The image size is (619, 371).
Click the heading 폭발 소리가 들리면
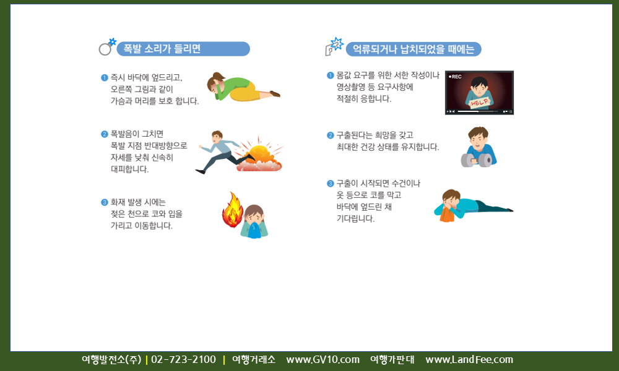point(162,49)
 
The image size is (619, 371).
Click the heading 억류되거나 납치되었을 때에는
point(413,49)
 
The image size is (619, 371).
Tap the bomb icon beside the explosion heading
point(107,47)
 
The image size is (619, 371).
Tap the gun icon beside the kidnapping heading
point(334,46)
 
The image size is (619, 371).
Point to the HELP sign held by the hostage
point(479,103)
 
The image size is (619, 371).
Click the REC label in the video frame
point(455,77)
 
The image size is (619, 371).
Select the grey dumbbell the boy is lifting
point(476,160)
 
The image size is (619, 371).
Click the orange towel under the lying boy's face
point(446,215)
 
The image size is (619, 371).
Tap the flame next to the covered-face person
point(233,210)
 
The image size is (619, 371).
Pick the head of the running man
point(217,137)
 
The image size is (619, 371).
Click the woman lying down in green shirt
point(243,87)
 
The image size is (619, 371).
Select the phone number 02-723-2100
point(184,360)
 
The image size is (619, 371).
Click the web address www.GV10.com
point(323,360)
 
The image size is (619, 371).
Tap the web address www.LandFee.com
point(469,360)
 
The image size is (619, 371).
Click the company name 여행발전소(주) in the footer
point(111,360)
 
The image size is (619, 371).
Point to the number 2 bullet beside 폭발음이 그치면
point(104,134)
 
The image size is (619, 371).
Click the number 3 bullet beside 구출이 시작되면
point(331,183)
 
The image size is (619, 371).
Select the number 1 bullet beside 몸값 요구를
point(331,75)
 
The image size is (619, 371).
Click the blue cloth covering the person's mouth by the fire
point(254,231)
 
